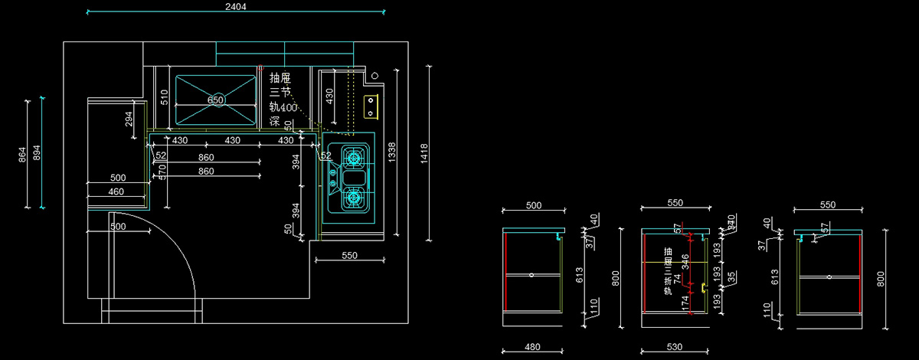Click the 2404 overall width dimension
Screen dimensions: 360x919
236,6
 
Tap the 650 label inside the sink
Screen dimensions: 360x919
216,100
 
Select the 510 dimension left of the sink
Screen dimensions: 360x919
163,96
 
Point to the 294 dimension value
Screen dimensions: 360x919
129,119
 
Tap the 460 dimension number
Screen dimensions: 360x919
116,191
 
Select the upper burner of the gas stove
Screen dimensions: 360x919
353,159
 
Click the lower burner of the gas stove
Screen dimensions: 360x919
353,198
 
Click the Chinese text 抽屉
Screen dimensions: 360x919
280,77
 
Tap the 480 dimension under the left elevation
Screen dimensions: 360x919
532,347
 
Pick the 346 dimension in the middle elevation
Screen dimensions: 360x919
685,261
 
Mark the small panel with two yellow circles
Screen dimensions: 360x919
371,107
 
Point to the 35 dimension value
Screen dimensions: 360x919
731,276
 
